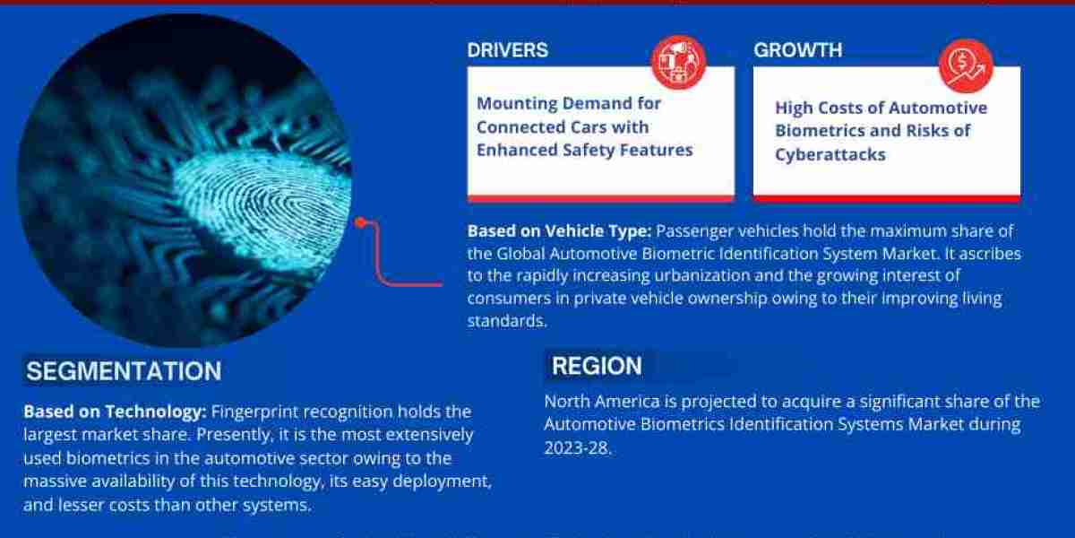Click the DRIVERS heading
(x=508, y=49)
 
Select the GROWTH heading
(x=798, y=50)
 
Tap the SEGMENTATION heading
(x=124, y=371)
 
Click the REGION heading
(x=597, y=366)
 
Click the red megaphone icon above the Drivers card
(x=679, y=62)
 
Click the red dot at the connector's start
(x=360, y=222)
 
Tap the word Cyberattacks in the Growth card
(x=830, y=154)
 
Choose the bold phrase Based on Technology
(x=116, y=412)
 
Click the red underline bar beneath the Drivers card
(x=600, y=197)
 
